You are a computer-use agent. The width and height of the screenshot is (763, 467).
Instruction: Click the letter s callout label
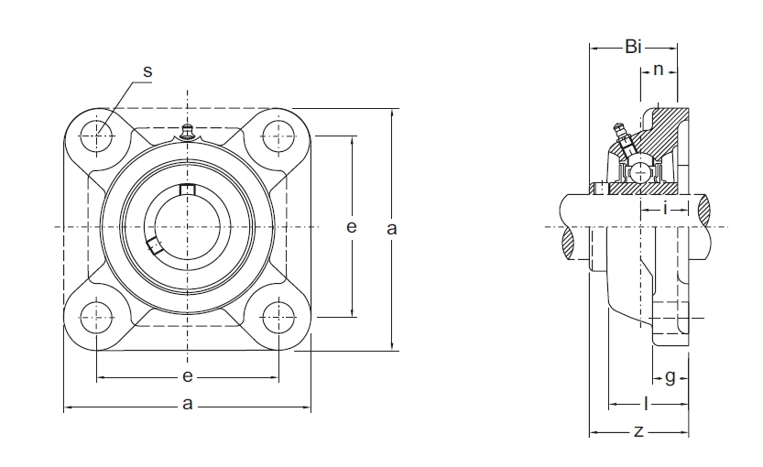point(147,71)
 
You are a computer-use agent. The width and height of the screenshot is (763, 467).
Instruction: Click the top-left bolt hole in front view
point(97,136)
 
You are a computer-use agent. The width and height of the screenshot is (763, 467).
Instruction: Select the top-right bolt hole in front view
point(278,136)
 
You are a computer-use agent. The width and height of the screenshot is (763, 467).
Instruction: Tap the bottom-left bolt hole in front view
point(97,318)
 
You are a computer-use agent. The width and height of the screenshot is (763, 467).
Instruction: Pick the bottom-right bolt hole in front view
point(278,318)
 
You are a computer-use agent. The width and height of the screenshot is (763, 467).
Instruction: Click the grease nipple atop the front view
point(188,132)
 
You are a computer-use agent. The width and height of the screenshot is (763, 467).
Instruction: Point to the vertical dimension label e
point(352,227)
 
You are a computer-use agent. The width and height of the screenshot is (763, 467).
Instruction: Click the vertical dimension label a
point(392,229)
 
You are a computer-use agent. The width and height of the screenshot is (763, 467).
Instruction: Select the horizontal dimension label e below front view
point(188,376)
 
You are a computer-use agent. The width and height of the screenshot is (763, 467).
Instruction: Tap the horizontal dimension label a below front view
point(188,404)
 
